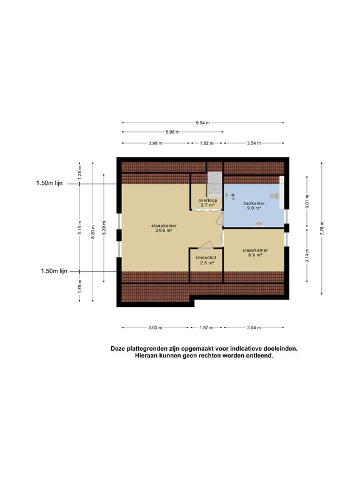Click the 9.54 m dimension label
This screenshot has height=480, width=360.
202,123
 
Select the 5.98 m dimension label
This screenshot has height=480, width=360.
173,132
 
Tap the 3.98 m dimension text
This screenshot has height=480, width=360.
156,143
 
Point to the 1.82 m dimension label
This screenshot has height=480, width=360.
207,143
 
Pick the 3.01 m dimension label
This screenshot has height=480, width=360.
306,202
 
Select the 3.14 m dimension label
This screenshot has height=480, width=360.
306,256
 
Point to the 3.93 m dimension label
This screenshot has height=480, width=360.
156,327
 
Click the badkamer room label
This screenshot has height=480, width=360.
253,203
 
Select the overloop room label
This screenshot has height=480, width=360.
207,200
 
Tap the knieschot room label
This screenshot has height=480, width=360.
205,257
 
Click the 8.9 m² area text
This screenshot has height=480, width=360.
253,255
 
